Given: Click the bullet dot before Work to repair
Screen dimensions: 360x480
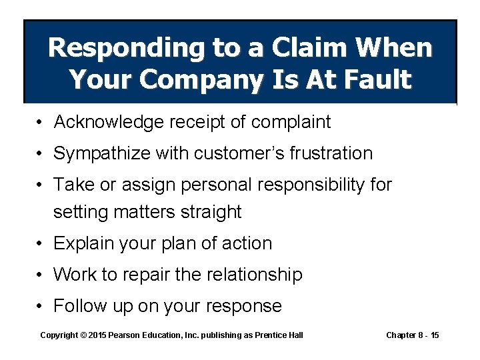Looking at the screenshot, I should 41,275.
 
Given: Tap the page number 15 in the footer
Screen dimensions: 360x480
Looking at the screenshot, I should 434,335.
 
